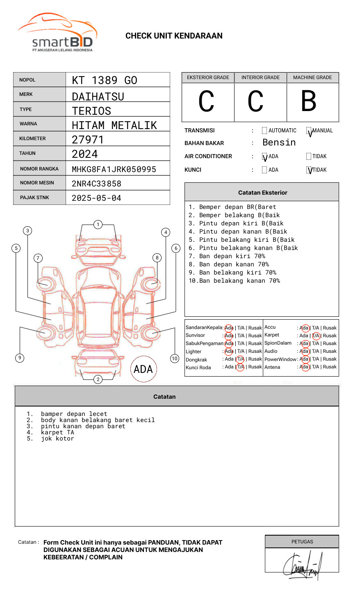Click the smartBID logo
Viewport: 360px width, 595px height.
click(57, 33)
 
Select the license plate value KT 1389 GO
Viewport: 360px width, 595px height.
click(105, 80)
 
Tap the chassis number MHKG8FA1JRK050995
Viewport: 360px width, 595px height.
click(114, 169)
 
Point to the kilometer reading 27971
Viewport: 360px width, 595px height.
click(88, 140)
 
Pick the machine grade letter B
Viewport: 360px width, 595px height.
click(308, 101)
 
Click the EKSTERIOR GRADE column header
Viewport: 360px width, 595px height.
click(208, 77)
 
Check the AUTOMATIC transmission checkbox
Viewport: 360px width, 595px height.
click(264, 131)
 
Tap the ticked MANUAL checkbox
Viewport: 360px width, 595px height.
click(309, 131)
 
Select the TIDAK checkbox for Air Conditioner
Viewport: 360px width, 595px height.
click(309, 157)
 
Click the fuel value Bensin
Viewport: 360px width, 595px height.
click(279, 143)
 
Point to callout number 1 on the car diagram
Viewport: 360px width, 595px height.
click(98, 225)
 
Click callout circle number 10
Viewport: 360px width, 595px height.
click(175, 359)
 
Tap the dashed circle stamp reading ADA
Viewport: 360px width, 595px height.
click(144, 369)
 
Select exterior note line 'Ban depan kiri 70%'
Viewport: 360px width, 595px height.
click(226, 256)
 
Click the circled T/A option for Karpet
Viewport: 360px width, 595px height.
click(316, 336)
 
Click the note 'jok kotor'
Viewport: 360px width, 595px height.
click(57, 439)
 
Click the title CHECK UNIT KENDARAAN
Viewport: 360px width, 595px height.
click(174, 36)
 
